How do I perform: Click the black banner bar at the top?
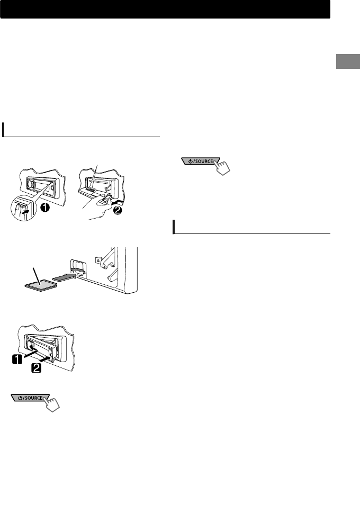point(165,10)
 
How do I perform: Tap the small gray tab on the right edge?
point(347,61)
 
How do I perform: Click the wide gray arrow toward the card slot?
point(66,276)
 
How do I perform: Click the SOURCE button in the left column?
point(30,398)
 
